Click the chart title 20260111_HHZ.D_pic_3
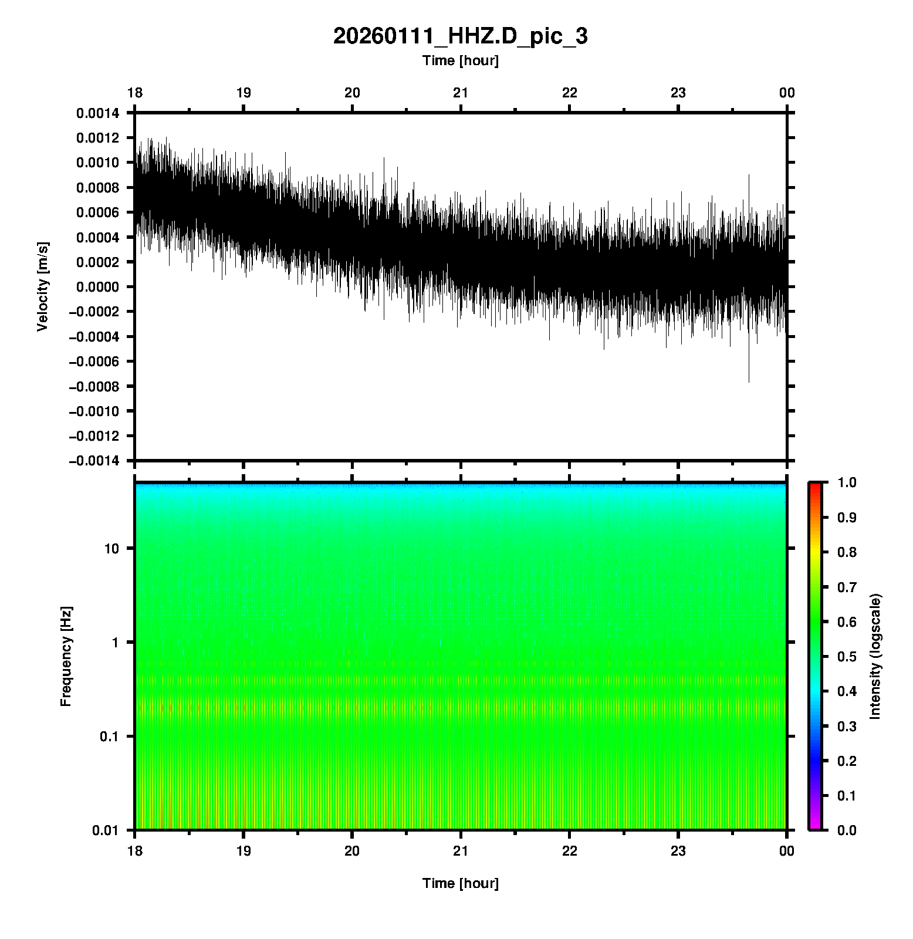click(460, 36)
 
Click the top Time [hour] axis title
click(460, 60)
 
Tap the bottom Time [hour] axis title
click(460, 883)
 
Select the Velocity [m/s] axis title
click(42, 286)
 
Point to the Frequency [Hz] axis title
click(66, 656)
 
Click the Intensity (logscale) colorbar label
click(875, 656)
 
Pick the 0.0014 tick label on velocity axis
click(97, 113)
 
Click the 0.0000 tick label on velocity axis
click(97, 287)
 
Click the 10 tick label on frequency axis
click(111, 549)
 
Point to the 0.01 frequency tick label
click(106, 830)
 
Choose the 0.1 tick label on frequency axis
click(109, 737)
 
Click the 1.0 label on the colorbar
click(848, 482)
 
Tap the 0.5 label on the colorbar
click(848, 657)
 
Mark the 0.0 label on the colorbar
click(848, 830)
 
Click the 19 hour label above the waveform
click(244, 93)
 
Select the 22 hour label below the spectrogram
click(570, 852)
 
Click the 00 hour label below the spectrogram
click(787, 852)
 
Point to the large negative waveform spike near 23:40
click(749, 376)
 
